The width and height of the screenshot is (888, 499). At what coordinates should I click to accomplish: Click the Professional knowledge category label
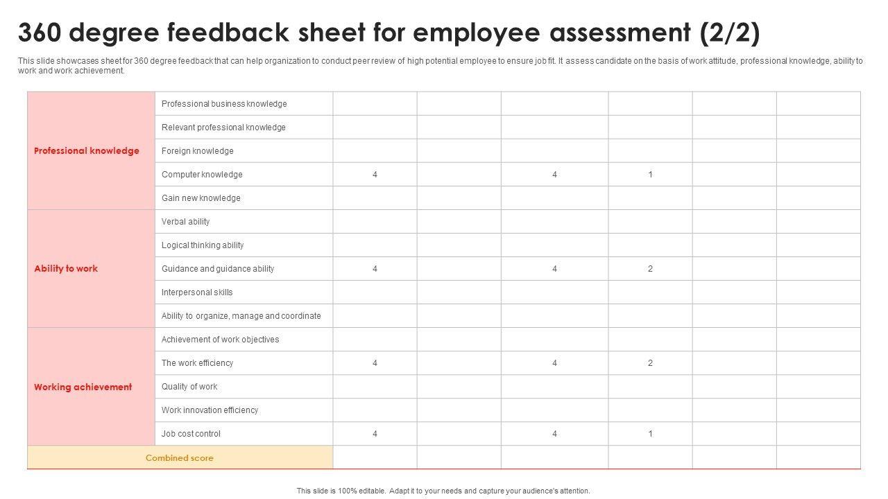click(87, 151)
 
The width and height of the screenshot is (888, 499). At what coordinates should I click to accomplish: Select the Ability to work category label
click(66, 269)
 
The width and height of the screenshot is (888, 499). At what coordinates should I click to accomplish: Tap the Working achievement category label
click(83, 387)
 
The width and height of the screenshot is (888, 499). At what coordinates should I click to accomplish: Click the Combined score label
click(180, 458)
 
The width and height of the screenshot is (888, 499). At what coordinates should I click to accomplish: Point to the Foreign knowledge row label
click(198, 151)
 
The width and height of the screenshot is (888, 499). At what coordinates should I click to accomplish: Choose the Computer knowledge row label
click(202, 175)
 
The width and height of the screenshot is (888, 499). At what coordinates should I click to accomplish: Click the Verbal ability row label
click(185, 222)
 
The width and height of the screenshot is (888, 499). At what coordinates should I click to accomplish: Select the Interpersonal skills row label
click(197, 292)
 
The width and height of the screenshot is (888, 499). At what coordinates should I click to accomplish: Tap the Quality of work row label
click(189, 387)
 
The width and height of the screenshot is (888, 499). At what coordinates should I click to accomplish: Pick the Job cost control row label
click(191, 434)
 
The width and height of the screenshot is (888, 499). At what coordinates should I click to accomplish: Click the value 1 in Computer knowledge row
click(650, 175)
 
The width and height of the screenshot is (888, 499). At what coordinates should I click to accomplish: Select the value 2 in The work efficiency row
click(650, 363)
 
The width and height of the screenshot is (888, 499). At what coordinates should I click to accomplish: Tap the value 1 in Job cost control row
click(650, 434)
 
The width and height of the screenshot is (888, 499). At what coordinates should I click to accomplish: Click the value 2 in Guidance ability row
click(650, 269)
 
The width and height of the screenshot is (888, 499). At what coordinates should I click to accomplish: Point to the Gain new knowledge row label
click(201, 198)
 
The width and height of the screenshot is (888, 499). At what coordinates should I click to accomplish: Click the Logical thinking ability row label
click(203, 245)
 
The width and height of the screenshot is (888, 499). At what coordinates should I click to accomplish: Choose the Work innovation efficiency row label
click(210, 410)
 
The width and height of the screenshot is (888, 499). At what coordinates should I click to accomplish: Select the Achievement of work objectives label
click(220, 340)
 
